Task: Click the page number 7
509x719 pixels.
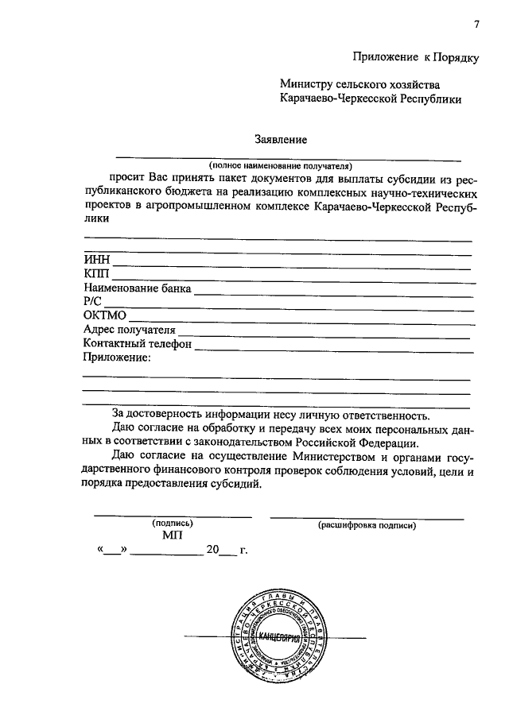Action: (476, 24)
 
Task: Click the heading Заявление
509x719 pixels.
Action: (281, 139)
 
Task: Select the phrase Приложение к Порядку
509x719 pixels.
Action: (417, 56)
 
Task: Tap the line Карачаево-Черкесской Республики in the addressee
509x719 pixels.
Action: (370, 99)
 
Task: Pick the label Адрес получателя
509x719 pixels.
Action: (129, 330)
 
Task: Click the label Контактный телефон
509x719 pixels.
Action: (138, 344)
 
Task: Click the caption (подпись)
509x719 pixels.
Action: (173, 524)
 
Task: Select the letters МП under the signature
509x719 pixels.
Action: (173, 536)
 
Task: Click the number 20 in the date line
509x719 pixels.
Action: (212, 550)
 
